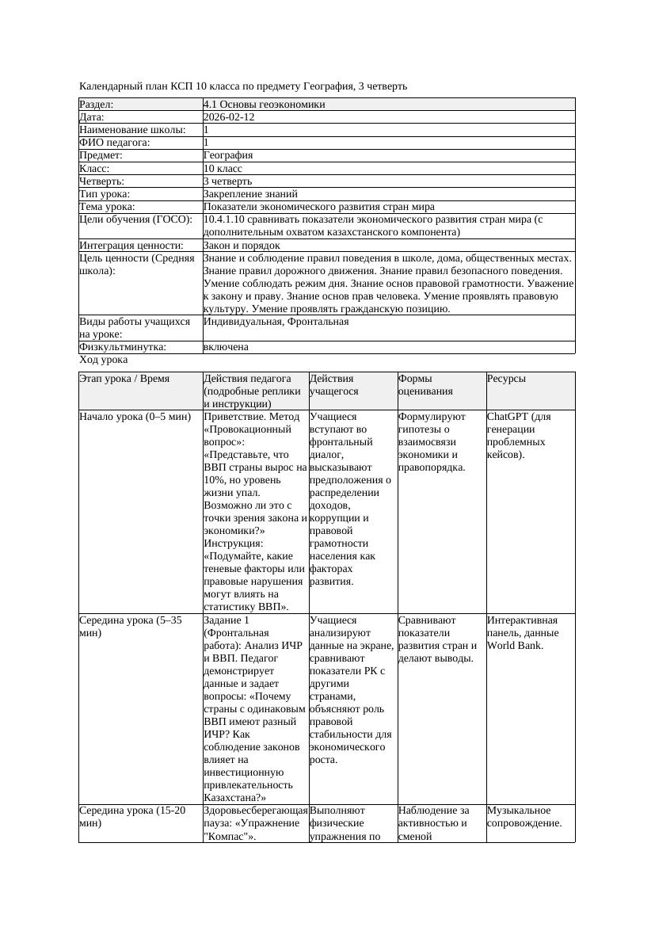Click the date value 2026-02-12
tap(229, 117)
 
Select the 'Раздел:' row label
tap(97, 105)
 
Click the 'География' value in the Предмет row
tap(228, 155)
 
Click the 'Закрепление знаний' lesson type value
tap(250, 194)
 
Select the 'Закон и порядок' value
tap(241, 246)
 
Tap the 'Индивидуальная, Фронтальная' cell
tap(276, 322)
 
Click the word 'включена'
tap(226, 347)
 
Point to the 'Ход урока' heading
tap(104, 360)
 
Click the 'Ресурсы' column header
tap(506, 380)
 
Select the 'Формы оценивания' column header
tap(426, 385)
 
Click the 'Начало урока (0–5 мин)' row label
tap(135, 417)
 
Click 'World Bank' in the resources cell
tap(513, 646)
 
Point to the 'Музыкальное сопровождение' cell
tap(524, 817)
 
